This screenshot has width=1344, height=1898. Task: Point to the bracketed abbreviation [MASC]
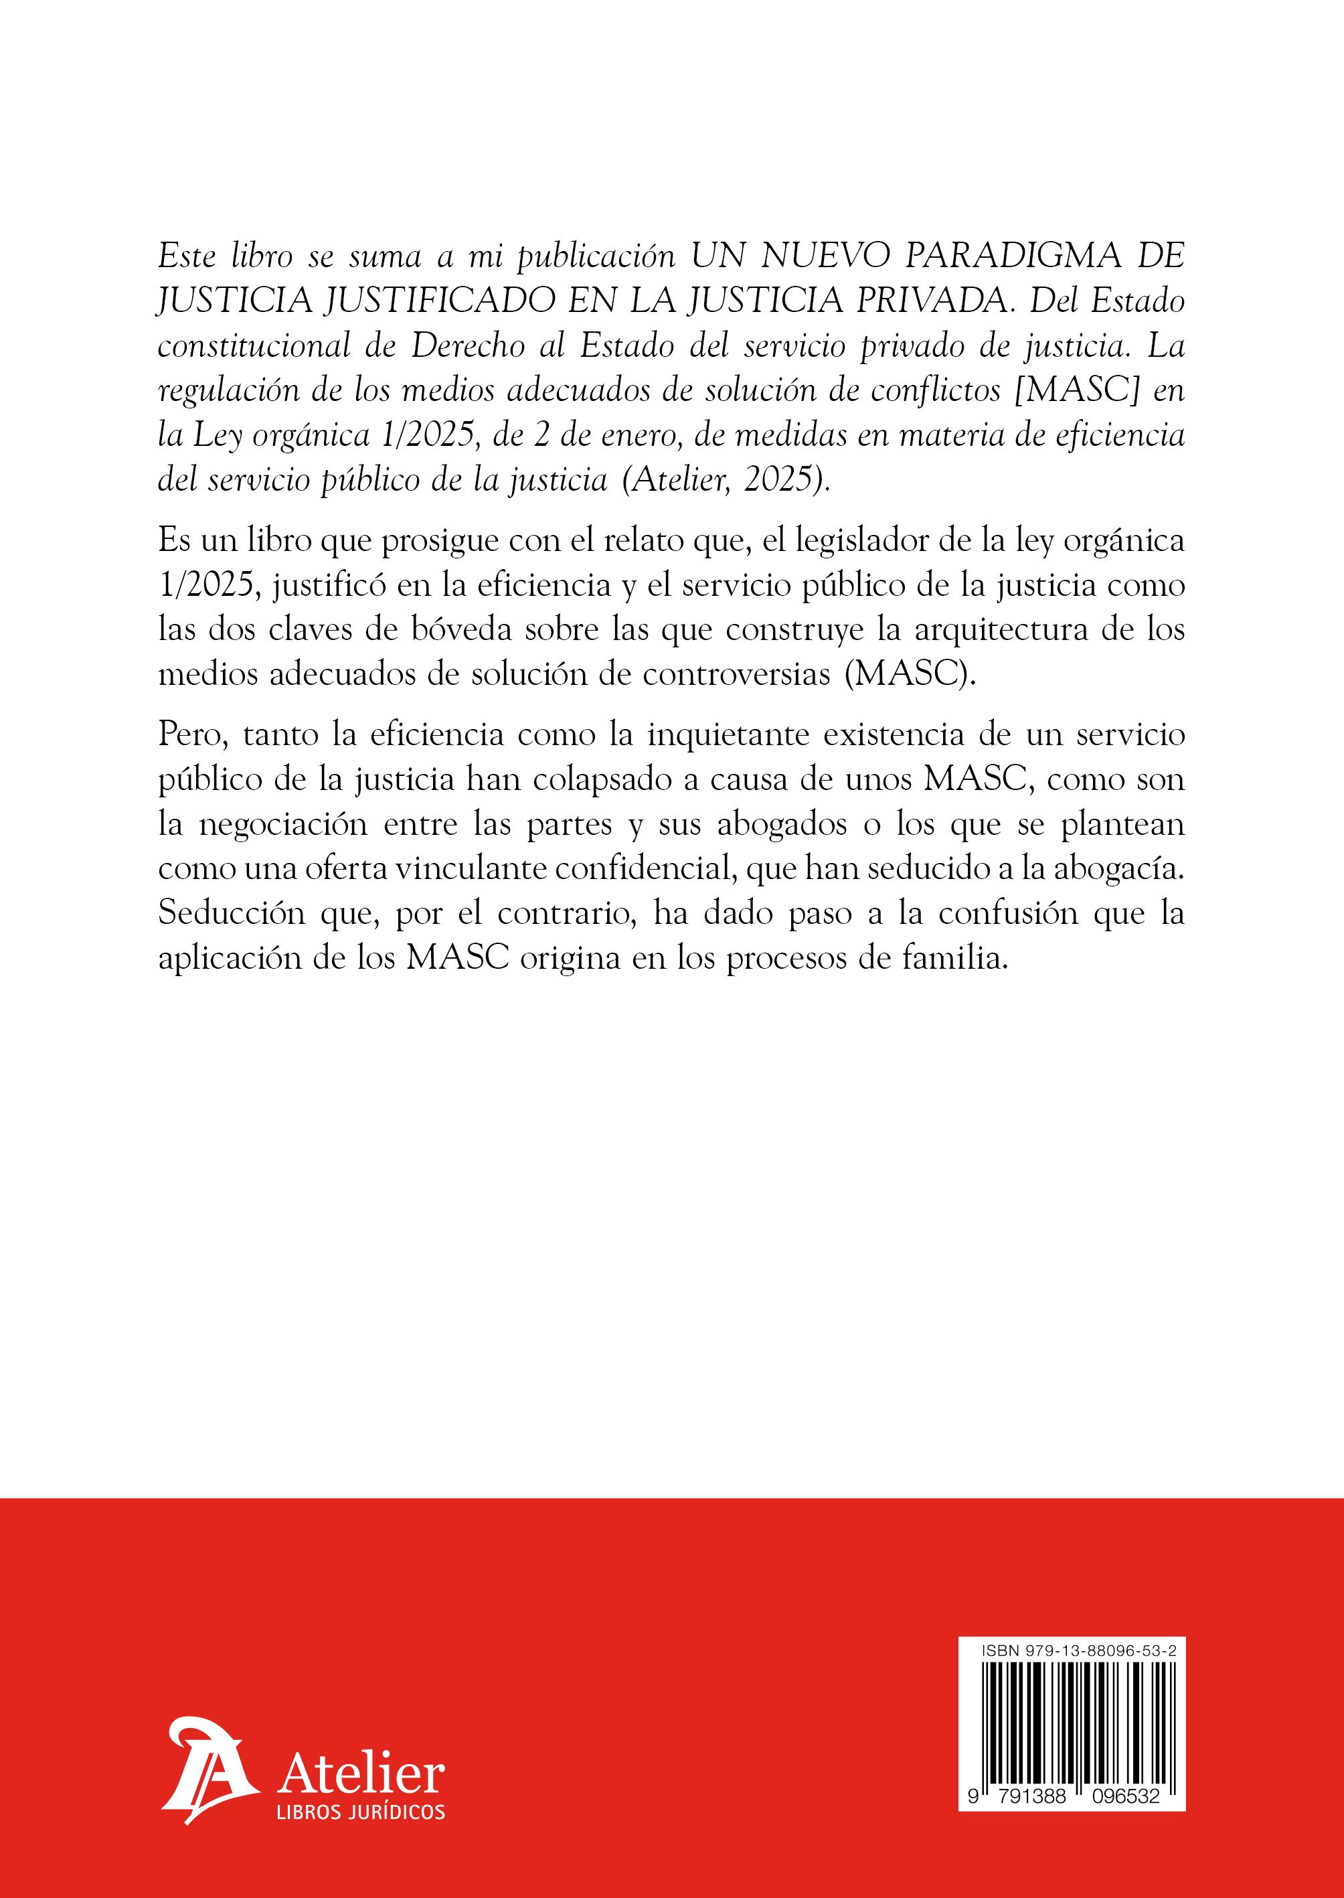pyautogui.click(x=1076, y=392)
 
